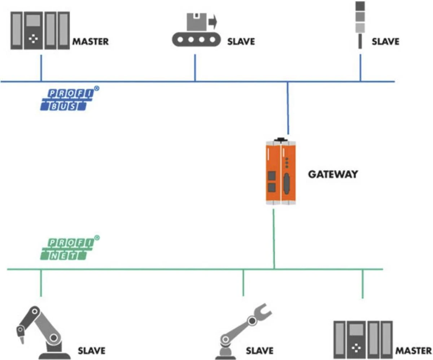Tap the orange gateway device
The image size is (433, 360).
pos(281,173)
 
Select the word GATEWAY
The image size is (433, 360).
pos(333,174)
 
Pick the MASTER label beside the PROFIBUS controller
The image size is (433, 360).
pos(91,41)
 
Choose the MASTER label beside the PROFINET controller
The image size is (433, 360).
pos(414,350)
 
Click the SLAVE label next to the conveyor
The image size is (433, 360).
pos(241,41)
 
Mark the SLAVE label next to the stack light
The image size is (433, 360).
pos(385,41)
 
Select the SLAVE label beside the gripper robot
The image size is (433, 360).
pos(259,350)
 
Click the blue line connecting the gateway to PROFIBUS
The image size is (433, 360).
pos(288,108)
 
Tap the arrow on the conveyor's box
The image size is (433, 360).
pos(213,22)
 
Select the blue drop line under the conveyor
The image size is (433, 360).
pos(195,68)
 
